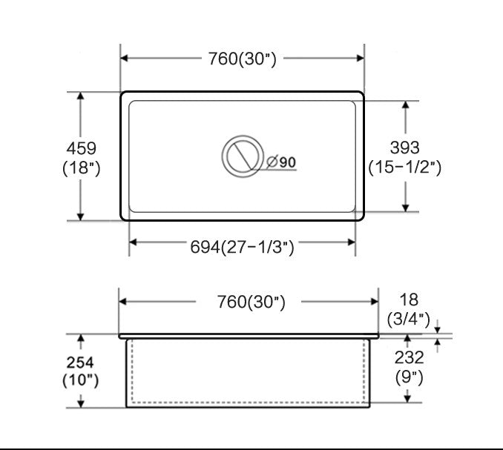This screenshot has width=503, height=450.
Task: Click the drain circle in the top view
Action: pos(243,156)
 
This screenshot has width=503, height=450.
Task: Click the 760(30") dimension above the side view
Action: pos(251,302)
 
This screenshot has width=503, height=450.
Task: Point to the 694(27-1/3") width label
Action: pos(242,247)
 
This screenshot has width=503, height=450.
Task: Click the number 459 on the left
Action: pos(81,148)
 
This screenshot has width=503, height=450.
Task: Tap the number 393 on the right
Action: pos(404,148)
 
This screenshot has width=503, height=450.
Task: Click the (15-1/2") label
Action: pos(405,168)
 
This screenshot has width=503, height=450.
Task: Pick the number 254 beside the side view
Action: pos(81,363)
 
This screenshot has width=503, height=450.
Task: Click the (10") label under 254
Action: pos(81,381)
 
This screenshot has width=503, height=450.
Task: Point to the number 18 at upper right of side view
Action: pos(408,300)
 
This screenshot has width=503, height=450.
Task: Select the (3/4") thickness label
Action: pos(408,320)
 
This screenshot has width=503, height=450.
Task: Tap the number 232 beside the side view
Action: pos(408,357)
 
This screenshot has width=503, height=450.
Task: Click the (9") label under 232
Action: pos(408,377)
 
